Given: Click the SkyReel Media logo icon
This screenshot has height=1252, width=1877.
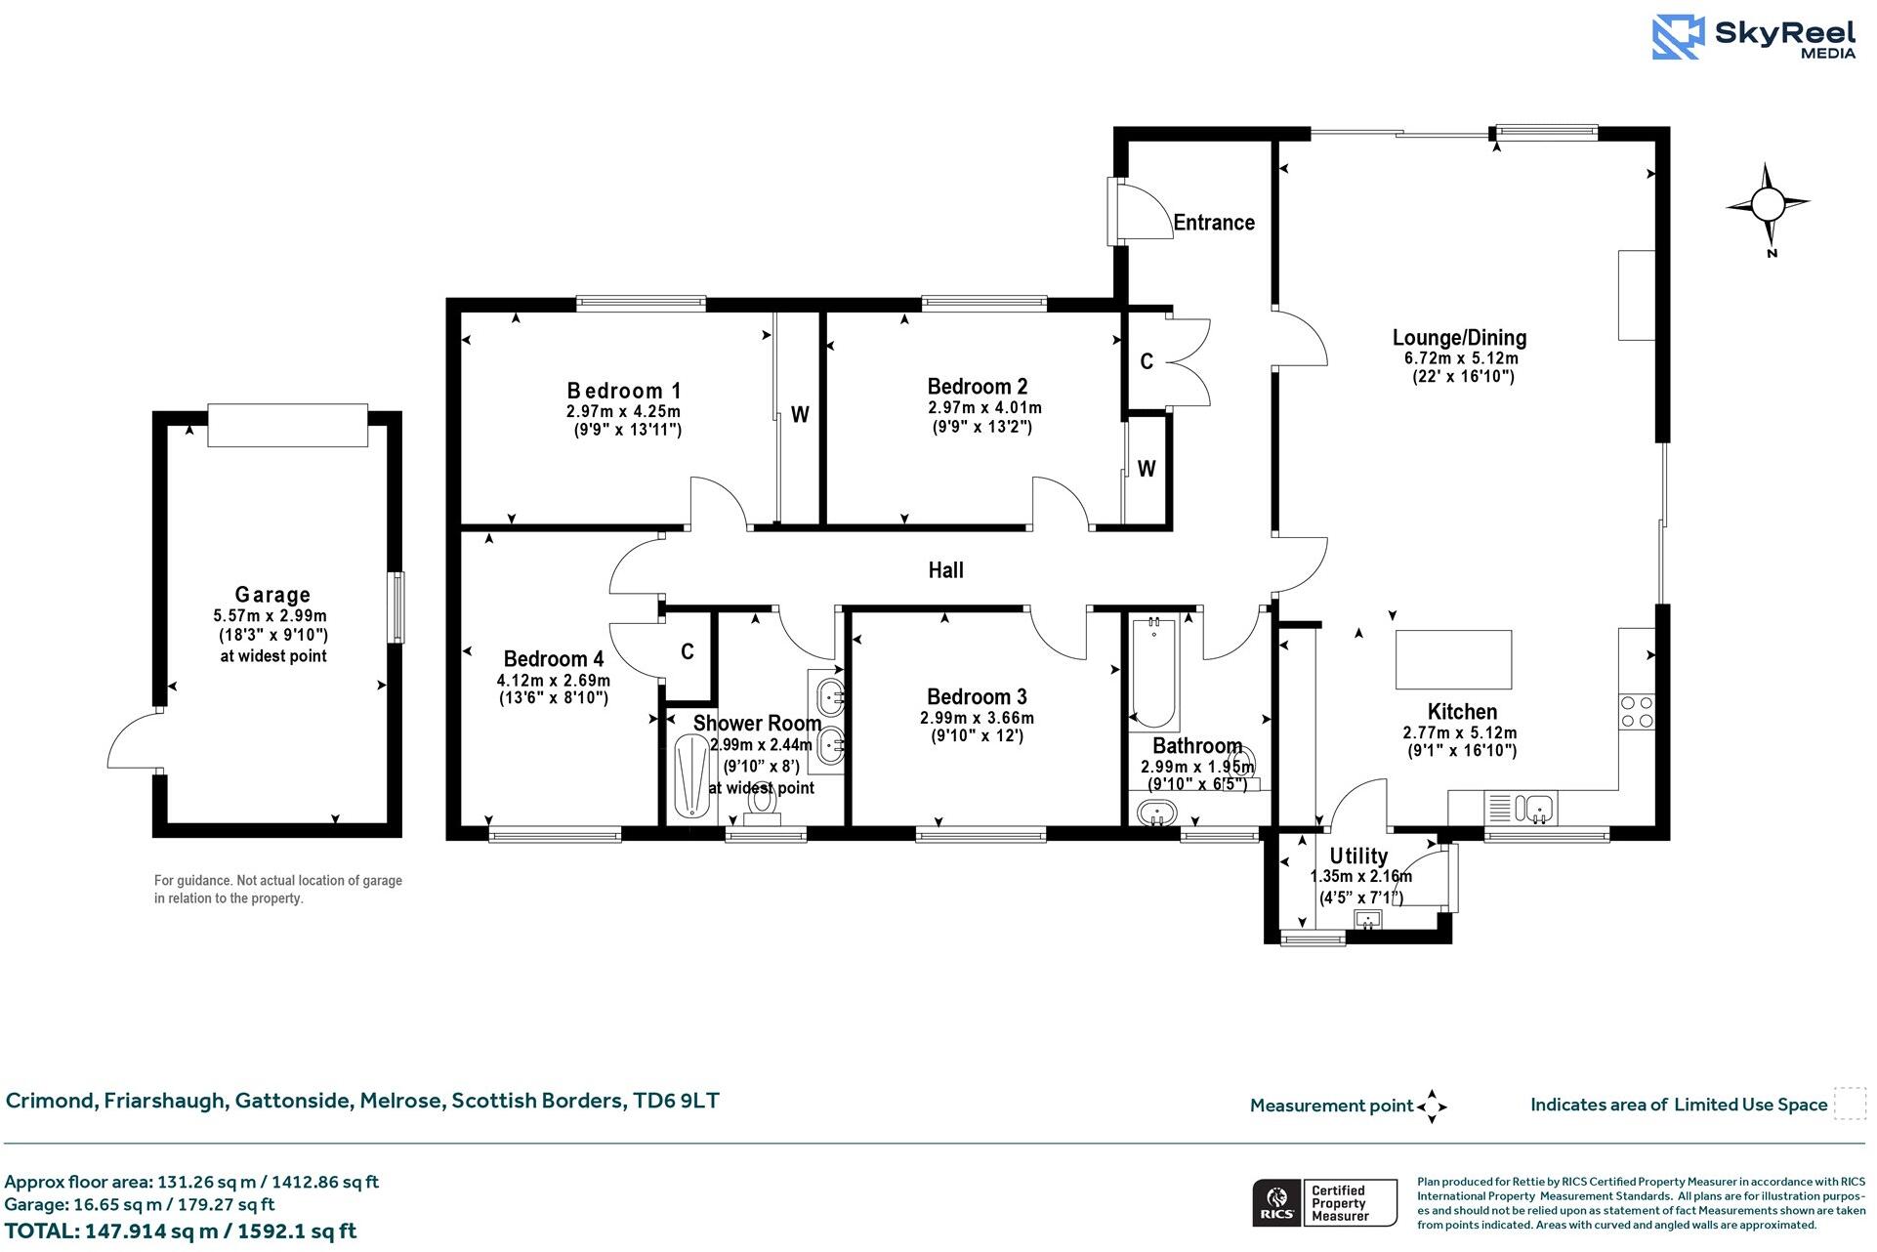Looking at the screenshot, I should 1678,37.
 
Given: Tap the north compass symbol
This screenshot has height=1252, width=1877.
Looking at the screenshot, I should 1767,206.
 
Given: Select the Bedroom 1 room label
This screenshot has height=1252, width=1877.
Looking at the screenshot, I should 623,391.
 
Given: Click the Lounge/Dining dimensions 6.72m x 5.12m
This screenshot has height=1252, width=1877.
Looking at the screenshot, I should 1460,358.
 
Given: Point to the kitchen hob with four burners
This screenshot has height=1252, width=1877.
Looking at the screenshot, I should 1637,711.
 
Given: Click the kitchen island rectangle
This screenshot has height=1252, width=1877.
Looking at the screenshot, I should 1453,660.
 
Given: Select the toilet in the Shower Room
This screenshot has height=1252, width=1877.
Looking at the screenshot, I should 761,804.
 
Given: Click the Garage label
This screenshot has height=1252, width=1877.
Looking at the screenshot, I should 272,595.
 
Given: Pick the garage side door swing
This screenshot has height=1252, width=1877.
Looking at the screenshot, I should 132,742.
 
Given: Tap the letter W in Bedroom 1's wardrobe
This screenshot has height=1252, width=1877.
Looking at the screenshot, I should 800,415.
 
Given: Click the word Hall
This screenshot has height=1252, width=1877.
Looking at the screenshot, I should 945,570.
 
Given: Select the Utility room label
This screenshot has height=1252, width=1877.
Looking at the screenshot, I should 1357,856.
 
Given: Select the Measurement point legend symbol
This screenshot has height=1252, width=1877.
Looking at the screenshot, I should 1431,1106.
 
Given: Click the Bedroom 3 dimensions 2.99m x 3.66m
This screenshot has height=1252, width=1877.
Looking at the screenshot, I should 977,718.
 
